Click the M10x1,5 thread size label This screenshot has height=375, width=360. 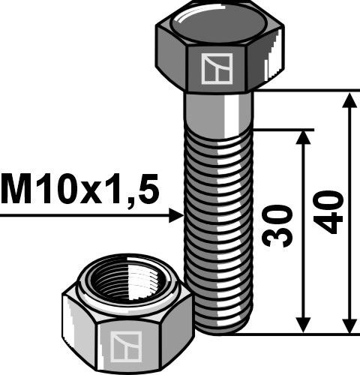[x=80, y=191]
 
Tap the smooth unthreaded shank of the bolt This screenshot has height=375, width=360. [x=218, y=109]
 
